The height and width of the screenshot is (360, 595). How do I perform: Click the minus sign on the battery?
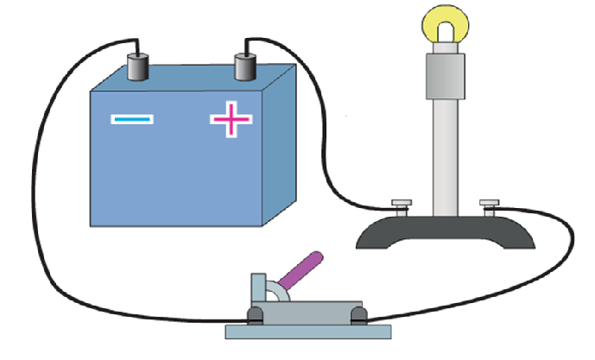[132, 118]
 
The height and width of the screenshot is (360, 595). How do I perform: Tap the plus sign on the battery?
[231, 118]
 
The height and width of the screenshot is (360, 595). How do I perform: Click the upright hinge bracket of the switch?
[259, 289]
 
